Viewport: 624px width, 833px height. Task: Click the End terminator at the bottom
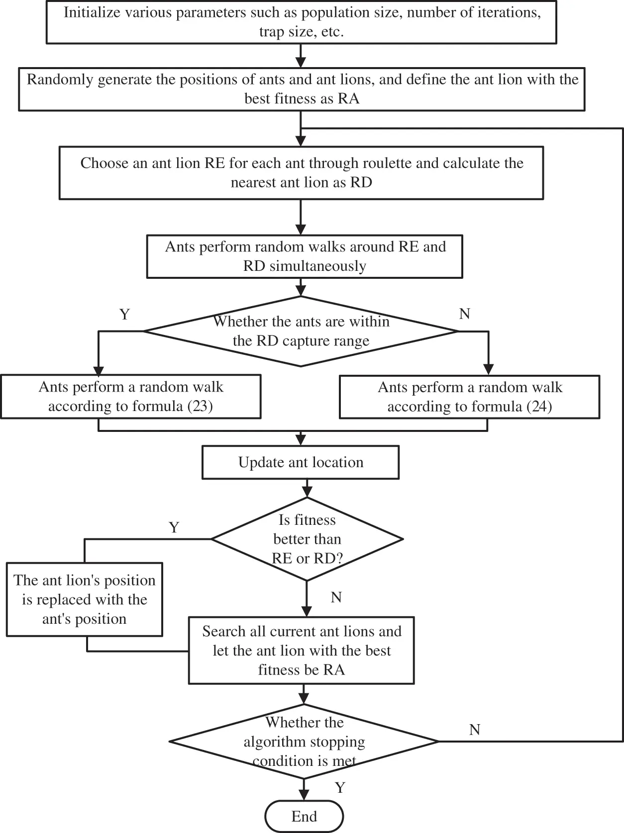[304, 816]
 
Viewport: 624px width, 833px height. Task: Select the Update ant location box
[301, 462]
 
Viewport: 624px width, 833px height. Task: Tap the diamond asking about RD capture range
[301, 331]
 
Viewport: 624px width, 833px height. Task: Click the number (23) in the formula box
[200, 407]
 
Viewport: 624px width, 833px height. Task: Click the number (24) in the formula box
[539, 407]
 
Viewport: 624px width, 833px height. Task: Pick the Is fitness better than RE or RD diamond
[307, 539]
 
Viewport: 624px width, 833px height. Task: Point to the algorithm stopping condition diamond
[304, 741]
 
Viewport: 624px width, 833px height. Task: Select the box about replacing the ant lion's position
[85, 599]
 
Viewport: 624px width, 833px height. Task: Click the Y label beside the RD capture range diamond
[124, 314]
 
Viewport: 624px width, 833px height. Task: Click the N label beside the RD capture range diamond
[464, 314]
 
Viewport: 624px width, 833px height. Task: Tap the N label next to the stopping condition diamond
[474, 730]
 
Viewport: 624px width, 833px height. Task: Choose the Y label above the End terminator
[340, 788]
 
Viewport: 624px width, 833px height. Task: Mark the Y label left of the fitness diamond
[174, 527]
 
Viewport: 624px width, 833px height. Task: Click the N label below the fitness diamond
[336, 597]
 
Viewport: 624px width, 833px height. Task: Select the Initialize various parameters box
[301, 22]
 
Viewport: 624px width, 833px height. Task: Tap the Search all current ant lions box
[302, 650]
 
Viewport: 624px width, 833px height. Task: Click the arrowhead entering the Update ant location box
[301, 440]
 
